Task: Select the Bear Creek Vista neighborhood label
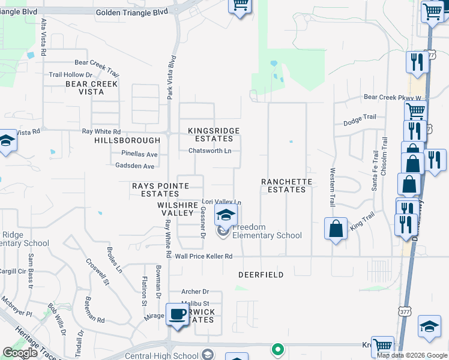92,88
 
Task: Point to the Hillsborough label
127,140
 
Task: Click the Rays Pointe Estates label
156,190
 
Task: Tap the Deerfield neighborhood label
261,275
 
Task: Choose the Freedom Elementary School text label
267,232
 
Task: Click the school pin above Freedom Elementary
226,215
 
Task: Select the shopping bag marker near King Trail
336,228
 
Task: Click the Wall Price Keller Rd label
203,256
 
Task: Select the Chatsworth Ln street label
210,151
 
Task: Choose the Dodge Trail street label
359,122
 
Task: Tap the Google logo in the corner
20,353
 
